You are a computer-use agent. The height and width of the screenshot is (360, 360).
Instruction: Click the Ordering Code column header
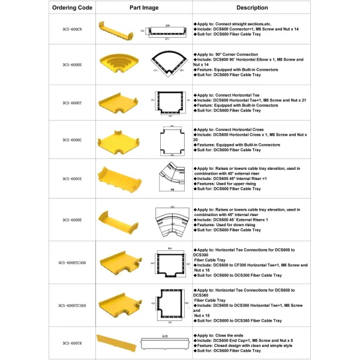click(x=71, y=8)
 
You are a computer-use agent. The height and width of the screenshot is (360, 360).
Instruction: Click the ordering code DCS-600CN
click(x=71, y=29)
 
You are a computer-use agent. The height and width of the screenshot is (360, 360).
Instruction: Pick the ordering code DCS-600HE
click(x=71, y=65)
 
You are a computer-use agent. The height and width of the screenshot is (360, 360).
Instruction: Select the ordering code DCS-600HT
click(x=71, y=103)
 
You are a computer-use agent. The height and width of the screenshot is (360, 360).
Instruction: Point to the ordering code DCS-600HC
click(x=71, y=140)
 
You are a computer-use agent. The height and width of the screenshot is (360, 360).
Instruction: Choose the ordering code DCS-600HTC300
click(x=71, y=262)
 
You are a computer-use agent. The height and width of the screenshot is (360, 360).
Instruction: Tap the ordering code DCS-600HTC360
click(x=71, y=305)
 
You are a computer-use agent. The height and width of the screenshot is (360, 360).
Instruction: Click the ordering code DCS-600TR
click(x=71, y=343)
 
